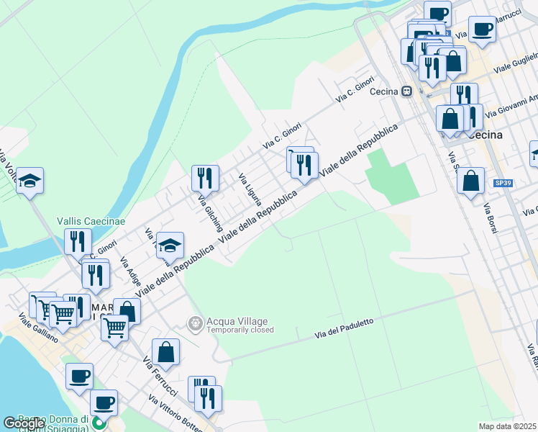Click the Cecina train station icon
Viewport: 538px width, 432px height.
point(407,91)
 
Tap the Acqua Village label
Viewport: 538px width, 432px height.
point(237,321)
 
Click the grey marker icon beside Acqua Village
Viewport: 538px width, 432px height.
point(194,325)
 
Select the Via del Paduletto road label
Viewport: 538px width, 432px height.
point(344,330)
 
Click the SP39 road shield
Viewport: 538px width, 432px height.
point(503,184)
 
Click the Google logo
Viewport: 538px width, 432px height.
point(24,423)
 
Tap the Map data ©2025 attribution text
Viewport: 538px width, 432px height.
point(507,426)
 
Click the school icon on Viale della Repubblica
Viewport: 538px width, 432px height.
point(170,246)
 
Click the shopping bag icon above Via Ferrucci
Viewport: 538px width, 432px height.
point(165,351)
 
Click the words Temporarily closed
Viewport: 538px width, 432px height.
point(240,330)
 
